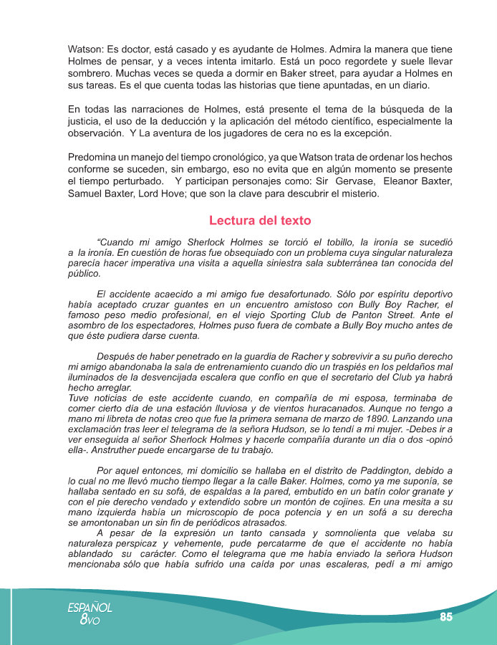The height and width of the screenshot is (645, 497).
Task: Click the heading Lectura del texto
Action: coord(260,221)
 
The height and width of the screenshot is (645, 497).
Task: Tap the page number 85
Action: coord(445,617)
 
